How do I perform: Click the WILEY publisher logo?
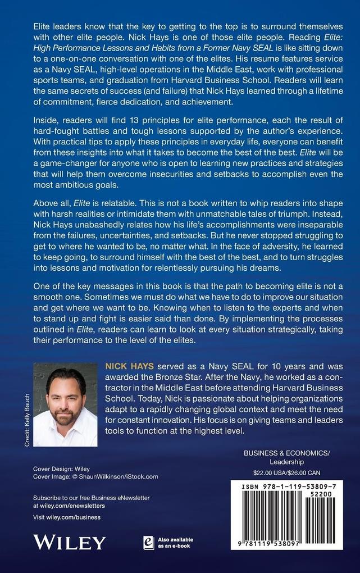tap(69, 542)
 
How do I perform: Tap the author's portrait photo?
tap(65, 404)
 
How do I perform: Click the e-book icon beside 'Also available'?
tap(149, 542)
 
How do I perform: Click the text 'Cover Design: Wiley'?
tap(61, 469)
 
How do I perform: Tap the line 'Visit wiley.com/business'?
tap(67, 517)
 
